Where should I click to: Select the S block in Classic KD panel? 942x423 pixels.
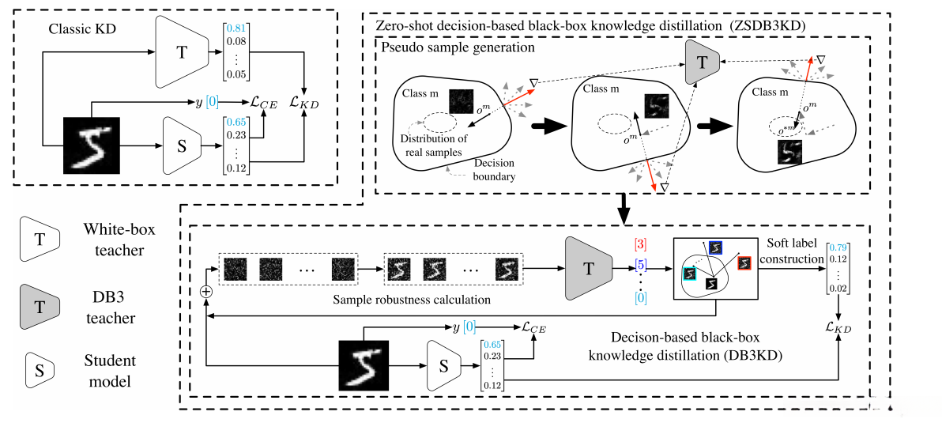(181, 145)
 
